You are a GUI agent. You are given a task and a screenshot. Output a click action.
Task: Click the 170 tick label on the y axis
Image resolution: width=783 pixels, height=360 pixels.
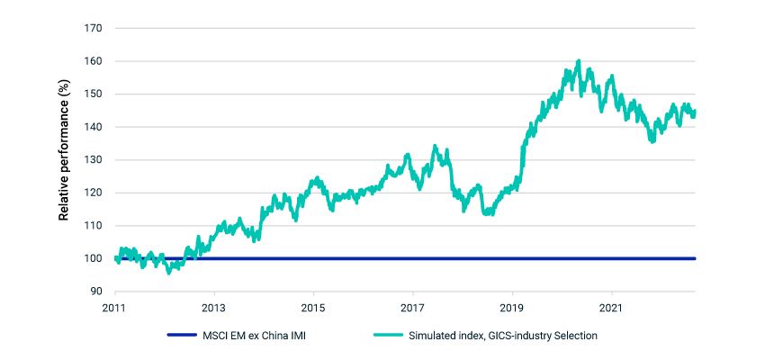94,29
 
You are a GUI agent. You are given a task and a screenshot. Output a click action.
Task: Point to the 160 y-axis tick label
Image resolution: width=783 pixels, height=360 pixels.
94,61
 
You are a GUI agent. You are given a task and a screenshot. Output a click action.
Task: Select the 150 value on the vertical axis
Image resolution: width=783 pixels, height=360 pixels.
94,94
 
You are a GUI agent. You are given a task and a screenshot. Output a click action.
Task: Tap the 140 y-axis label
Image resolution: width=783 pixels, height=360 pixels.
94,127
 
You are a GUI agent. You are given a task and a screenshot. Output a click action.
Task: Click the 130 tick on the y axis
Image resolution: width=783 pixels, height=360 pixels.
94,160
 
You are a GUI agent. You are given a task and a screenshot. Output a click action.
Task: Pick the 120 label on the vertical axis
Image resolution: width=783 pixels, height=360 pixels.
94,193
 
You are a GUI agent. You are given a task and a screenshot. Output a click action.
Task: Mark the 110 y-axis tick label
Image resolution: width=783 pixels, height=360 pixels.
94,226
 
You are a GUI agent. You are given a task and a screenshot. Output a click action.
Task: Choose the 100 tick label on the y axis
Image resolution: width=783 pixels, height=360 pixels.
94,258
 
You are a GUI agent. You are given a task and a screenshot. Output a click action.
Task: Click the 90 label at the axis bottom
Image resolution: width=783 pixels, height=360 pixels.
96,292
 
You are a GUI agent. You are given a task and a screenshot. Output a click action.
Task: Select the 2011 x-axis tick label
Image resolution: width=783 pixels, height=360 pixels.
115,306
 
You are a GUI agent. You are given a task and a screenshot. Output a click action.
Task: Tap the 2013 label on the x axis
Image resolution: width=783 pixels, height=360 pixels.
214,306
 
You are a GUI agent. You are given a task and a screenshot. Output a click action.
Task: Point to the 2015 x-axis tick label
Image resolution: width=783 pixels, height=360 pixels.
313,306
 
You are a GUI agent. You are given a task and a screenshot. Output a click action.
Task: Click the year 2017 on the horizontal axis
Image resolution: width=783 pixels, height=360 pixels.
412,306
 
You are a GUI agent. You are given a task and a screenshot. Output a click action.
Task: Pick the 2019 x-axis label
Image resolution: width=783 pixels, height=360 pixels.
512,306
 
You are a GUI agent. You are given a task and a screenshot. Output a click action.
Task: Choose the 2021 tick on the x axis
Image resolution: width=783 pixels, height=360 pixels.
612,306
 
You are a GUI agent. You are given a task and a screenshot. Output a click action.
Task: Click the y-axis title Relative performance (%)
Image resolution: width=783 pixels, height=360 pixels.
64,159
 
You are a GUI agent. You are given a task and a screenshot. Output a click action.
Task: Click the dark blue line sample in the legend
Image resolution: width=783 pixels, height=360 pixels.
188,336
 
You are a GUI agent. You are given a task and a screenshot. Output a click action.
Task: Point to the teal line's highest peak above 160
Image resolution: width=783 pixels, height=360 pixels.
578,61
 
